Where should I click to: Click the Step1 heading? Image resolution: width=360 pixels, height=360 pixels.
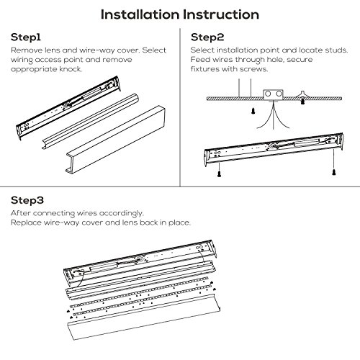[x=26, y=37]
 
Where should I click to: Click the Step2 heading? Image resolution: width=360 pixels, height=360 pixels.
[x=207, y=37]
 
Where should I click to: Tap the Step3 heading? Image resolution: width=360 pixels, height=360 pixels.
[x=27, y=200]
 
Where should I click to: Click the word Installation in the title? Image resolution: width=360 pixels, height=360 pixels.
[x=140, y=14]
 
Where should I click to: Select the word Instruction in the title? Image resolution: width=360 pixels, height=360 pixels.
[x=221, y=14]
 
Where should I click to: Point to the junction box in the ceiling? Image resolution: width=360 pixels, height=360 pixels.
[x=274, y=95]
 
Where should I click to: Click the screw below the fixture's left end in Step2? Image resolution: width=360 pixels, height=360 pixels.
[x=219, y=174]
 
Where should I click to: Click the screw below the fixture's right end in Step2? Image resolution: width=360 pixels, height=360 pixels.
[x=333, y=172]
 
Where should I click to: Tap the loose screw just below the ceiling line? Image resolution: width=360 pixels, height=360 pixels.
[x=253, y=111]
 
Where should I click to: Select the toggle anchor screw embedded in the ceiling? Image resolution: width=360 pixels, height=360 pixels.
[x=302, y=98]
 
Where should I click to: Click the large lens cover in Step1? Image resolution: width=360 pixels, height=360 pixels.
[x=115, y=139]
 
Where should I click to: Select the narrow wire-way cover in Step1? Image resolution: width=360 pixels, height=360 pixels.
[x=90, y=121]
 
